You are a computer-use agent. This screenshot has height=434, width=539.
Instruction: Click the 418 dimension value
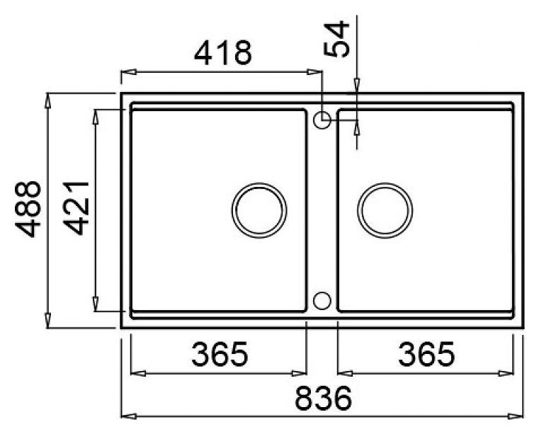(x=223, y=53)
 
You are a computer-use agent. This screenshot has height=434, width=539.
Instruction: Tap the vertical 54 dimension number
(x=336, y=40)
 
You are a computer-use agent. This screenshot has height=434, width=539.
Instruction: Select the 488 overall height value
(x=28, y=210)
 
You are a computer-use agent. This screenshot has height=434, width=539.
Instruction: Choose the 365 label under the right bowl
(x=425, y=355)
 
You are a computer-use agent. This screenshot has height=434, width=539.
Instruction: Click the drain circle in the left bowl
(x=260, y=210)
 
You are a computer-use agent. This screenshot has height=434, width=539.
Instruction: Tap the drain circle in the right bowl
(x=385, y=210)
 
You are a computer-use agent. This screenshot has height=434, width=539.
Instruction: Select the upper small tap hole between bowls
(x=322, y=120)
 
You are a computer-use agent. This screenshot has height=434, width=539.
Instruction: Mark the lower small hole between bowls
(x=322, y=300)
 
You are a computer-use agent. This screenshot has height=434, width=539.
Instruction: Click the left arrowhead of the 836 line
(x=128, y=416)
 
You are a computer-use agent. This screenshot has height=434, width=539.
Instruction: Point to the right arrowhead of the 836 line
(x=516, y=416)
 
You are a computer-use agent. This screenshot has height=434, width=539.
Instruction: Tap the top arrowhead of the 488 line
(x=47, y=100)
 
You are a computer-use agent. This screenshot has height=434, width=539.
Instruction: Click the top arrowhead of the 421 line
(x=95, y=116)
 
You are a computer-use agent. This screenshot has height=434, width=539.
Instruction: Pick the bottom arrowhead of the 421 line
(x=95, y=304)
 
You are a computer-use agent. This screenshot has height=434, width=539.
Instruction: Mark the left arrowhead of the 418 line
(x=128, y=72)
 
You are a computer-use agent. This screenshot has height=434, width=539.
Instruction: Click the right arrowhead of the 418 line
(x=315, y=72)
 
